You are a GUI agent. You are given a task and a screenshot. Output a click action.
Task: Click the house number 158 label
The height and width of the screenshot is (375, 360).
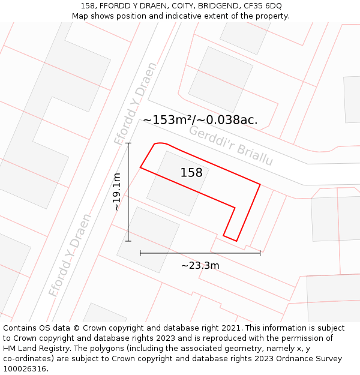(x=191, y=173)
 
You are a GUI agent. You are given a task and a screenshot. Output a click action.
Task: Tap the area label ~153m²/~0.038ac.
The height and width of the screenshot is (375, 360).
(x=200, y=120)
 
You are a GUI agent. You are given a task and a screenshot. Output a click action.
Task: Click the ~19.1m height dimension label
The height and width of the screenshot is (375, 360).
(x=117, y=191)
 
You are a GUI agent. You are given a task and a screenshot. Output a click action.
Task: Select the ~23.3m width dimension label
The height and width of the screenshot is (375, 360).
(x=200, y=265)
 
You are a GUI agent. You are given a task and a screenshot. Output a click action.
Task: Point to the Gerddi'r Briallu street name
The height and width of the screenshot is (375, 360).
(x=231, y=146)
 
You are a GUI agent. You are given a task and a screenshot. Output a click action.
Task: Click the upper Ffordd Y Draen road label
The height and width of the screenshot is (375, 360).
(x=136, y=103)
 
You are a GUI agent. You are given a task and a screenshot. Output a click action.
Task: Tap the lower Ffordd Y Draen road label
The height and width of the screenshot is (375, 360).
(x=70, y=255)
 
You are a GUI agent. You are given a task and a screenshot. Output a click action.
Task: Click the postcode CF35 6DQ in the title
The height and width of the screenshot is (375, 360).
(x=260, y=6)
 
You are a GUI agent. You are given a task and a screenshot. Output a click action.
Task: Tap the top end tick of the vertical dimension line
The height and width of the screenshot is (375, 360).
(x=128, y=143)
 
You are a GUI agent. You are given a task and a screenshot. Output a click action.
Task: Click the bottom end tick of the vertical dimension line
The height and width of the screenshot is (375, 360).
(x=128, y=241)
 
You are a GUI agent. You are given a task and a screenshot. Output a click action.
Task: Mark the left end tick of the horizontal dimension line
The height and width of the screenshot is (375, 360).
(x=140, y=253)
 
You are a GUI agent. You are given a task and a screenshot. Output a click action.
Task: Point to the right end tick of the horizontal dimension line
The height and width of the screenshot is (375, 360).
(x=260, y=253)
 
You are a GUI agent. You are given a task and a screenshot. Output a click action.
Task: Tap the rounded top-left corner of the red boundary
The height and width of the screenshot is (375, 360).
(x=157, y=144)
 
